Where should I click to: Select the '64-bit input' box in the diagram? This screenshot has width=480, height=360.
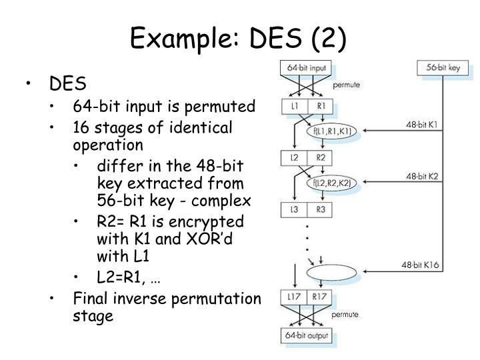point(306,68)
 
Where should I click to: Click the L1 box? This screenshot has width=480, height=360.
point(294,107)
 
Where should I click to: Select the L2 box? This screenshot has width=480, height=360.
point(294,157)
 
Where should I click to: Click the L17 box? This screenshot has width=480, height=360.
point(294,296)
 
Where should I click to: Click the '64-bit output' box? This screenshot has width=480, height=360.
point(306,335)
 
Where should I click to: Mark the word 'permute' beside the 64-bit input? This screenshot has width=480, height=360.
point(347,85)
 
